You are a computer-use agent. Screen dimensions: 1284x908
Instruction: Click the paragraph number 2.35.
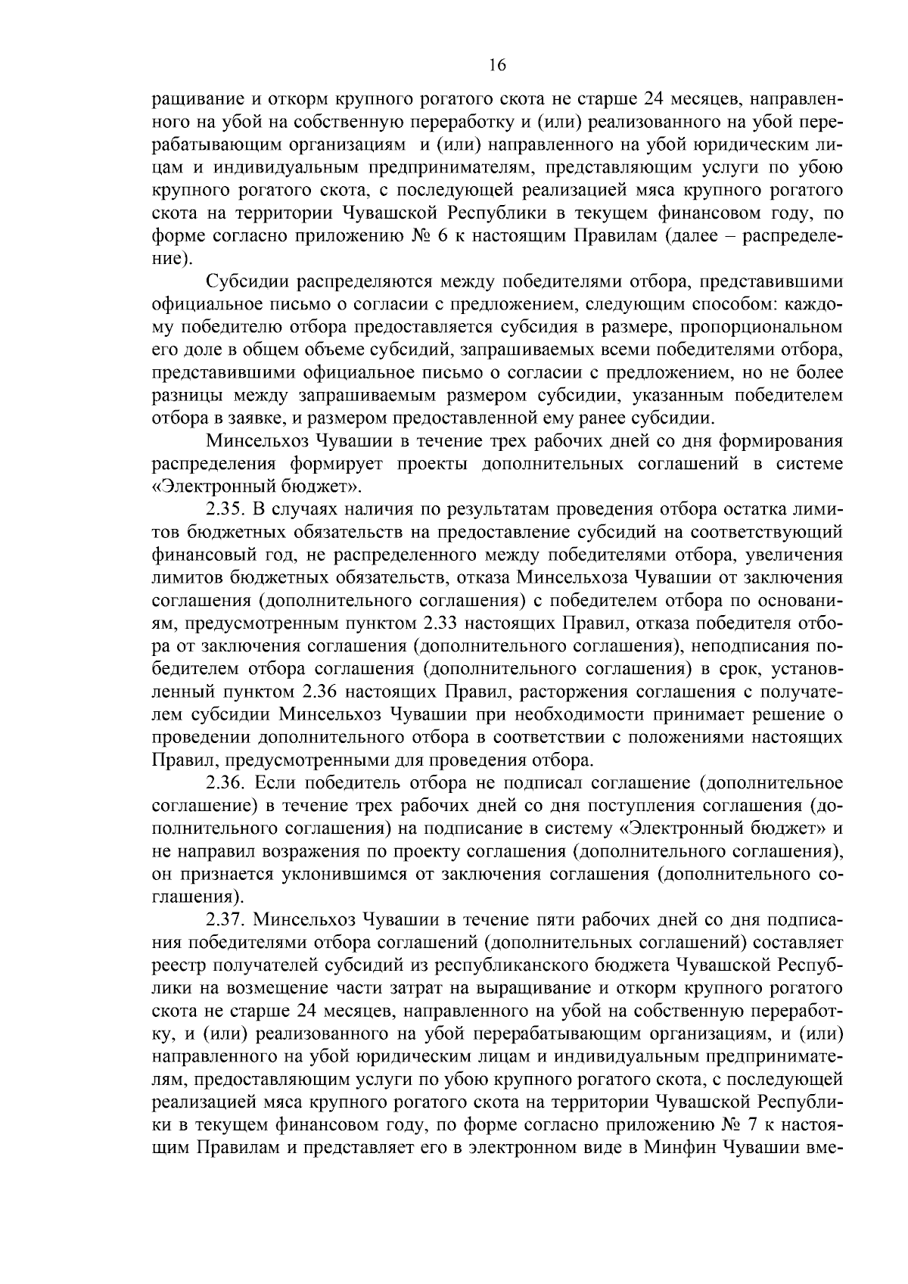[225, 510]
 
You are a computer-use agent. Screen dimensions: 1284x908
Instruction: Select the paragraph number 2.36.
[225, 783]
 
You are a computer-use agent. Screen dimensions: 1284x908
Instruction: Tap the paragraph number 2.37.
[225, 920]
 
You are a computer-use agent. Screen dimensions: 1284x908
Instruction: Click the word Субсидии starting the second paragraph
[247, 283]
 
